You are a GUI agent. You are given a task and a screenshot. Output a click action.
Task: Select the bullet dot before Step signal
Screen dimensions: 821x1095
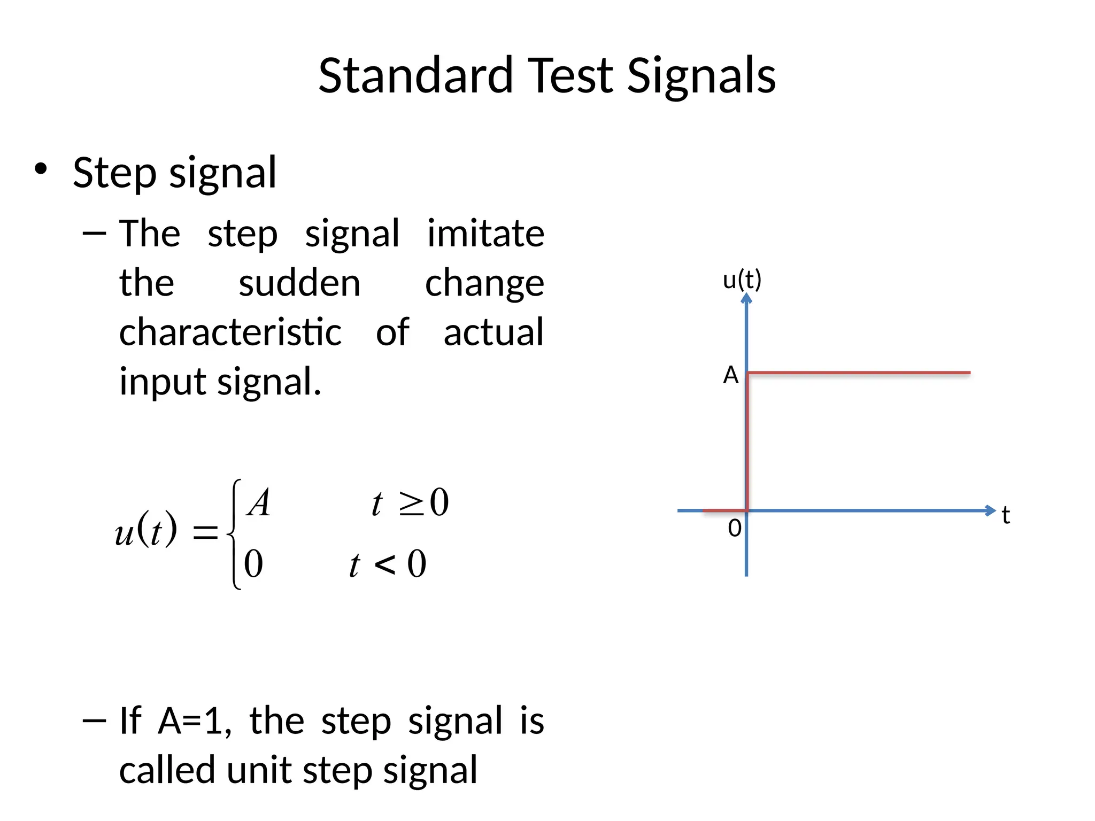click(x=41, y=170)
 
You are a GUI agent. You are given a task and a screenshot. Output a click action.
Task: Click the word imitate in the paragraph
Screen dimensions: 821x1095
click(x=485, y=234)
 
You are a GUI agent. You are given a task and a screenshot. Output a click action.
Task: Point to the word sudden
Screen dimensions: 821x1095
click(x=299, y=283)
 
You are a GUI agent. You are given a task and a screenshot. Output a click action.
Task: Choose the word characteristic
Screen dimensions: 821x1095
click(x=230, y=332)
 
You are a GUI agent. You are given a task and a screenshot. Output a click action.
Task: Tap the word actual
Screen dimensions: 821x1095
click(x=493, y=332)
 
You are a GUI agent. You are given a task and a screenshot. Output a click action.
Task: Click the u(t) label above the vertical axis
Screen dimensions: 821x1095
click(x=742, y=280)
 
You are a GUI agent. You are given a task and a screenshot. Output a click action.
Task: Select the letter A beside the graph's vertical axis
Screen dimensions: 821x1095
click(x=731, y=375)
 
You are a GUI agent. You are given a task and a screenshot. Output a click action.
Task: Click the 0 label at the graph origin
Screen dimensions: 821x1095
click(x=735, y=529)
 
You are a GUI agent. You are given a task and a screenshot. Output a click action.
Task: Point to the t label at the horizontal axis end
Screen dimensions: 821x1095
click(x=1006, y=516)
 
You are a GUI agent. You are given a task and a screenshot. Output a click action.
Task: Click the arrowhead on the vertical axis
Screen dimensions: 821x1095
click(x=746, y=298)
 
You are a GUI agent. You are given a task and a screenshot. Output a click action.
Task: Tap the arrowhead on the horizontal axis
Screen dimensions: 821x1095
click(x=990, y=510)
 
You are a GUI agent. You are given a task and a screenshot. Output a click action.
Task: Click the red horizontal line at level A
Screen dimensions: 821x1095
click(x=858, y=373)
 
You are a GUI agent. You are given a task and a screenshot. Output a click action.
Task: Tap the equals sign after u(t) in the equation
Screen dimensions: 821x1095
click(x=205, y=532)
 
